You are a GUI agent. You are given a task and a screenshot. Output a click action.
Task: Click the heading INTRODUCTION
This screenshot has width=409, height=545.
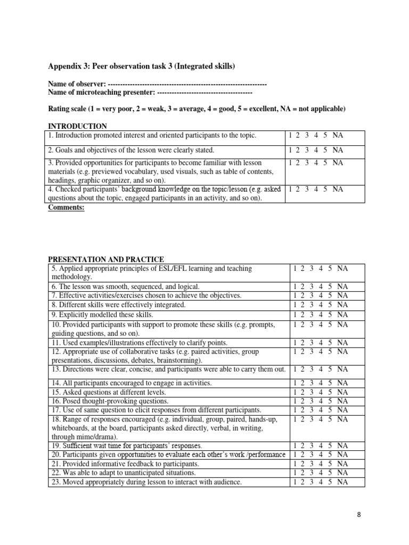78,126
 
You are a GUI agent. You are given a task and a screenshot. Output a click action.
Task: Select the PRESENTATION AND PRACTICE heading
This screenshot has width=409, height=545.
106,259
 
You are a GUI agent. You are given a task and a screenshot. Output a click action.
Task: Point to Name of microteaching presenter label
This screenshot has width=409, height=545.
101,93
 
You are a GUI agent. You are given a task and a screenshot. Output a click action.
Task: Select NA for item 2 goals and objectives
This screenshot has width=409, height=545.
338,150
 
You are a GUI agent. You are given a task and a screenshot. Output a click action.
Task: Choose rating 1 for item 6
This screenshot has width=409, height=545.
296,286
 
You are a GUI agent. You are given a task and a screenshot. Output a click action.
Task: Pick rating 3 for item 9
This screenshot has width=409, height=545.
313,315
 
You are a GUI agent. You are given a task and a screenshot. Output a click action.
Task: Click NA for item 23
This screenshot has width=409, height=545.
342,482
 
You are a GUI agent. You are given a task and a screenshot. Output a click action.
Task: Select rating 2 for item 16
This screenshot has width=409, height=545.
304,401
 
